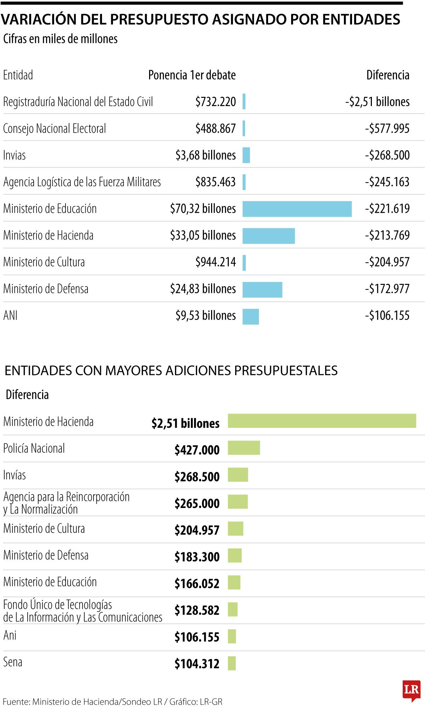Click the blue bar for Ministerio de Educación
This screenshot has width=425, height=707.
297,209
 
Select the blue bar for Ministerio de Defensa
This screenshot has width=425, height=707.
262,289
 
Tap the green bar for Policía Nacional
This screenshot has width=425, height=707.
244,448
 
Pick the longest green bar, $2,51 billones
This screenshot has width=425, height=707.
322,421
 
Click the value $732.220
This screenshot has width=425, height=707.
215,102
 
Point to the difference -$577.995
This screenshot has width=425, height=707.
387,128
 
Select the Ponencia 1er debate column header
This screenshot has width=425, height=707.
192,75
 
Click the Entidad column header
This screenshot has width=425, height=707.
18,75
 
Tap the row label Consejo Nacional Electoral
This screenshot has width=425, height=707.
55,128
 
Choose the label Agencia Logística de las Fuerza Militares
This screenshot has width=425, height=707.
82,182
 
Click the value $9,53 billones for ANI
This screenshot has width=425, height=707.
205,315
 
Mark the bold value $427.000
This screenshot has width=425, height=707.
197,450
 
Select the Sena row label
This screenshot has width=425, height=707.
13,662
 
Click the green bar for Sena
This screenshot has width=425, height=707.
232,663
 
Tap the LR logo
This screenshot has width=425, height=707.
411,690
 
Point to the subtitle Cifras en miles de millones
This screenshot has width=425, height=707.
60,39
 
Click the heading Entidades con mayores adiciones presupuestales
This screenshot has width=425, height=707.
171,370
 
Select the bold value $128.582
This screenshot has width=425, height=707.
197,610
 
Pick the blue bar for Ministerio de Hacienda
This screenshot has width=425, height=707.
268,236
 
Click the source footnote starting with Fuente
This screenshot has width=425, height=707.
112,701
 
